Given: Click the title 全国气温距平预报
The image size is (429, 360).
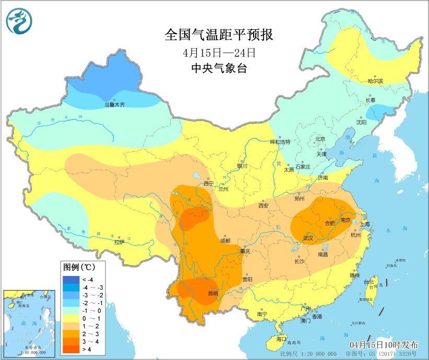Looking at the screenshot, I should [x=219, y=35].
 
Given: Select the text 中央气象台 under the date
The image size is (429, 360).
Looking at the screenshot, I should [x=219, y=68].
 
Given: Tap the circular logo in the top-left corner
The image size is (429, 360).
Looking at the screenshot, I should [x=19, y=21].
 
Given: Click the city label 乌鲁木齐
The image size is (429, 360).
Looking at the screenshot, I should [x=114, y=105].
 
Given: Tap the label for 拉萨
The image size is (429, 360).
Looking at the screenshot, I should [x=119, y=242].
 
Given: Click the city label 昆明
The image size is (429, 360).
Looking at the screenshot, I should [x=213, y=294].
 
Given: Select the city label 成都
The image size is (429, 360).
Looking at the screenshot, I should [x=225, y=241].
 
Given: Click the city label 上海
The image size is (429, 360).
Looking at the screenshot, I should [x=363, y=224].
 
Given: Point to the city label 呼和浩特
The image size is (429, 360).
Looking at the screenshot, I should [x=279, y=142].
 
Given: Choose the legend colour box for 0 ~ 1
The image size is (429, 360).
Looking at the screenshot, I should [x=69, y=317].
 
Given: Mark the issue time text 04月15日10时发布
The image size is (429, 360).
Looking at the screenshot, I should [x=384, y=345].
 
